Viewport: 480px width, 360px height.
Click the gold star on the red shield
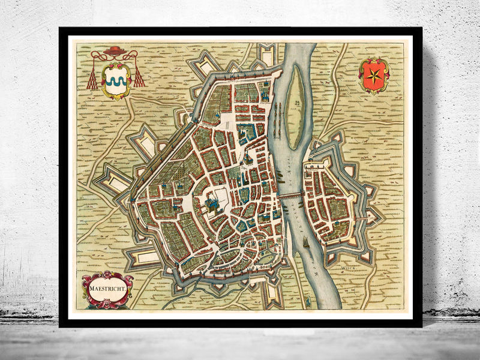click(x=373, y=74)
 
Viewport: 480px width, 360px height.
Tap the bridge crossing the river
click(x=292, y=195)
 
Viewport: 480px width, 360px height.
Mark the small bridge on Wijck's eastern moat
click(x=370, y=203)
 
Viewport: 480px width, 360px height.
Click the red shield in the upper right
click(x=373, y=76)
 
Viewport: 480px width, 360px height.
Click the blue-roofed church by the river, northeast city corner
click(x=264, y=92)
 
